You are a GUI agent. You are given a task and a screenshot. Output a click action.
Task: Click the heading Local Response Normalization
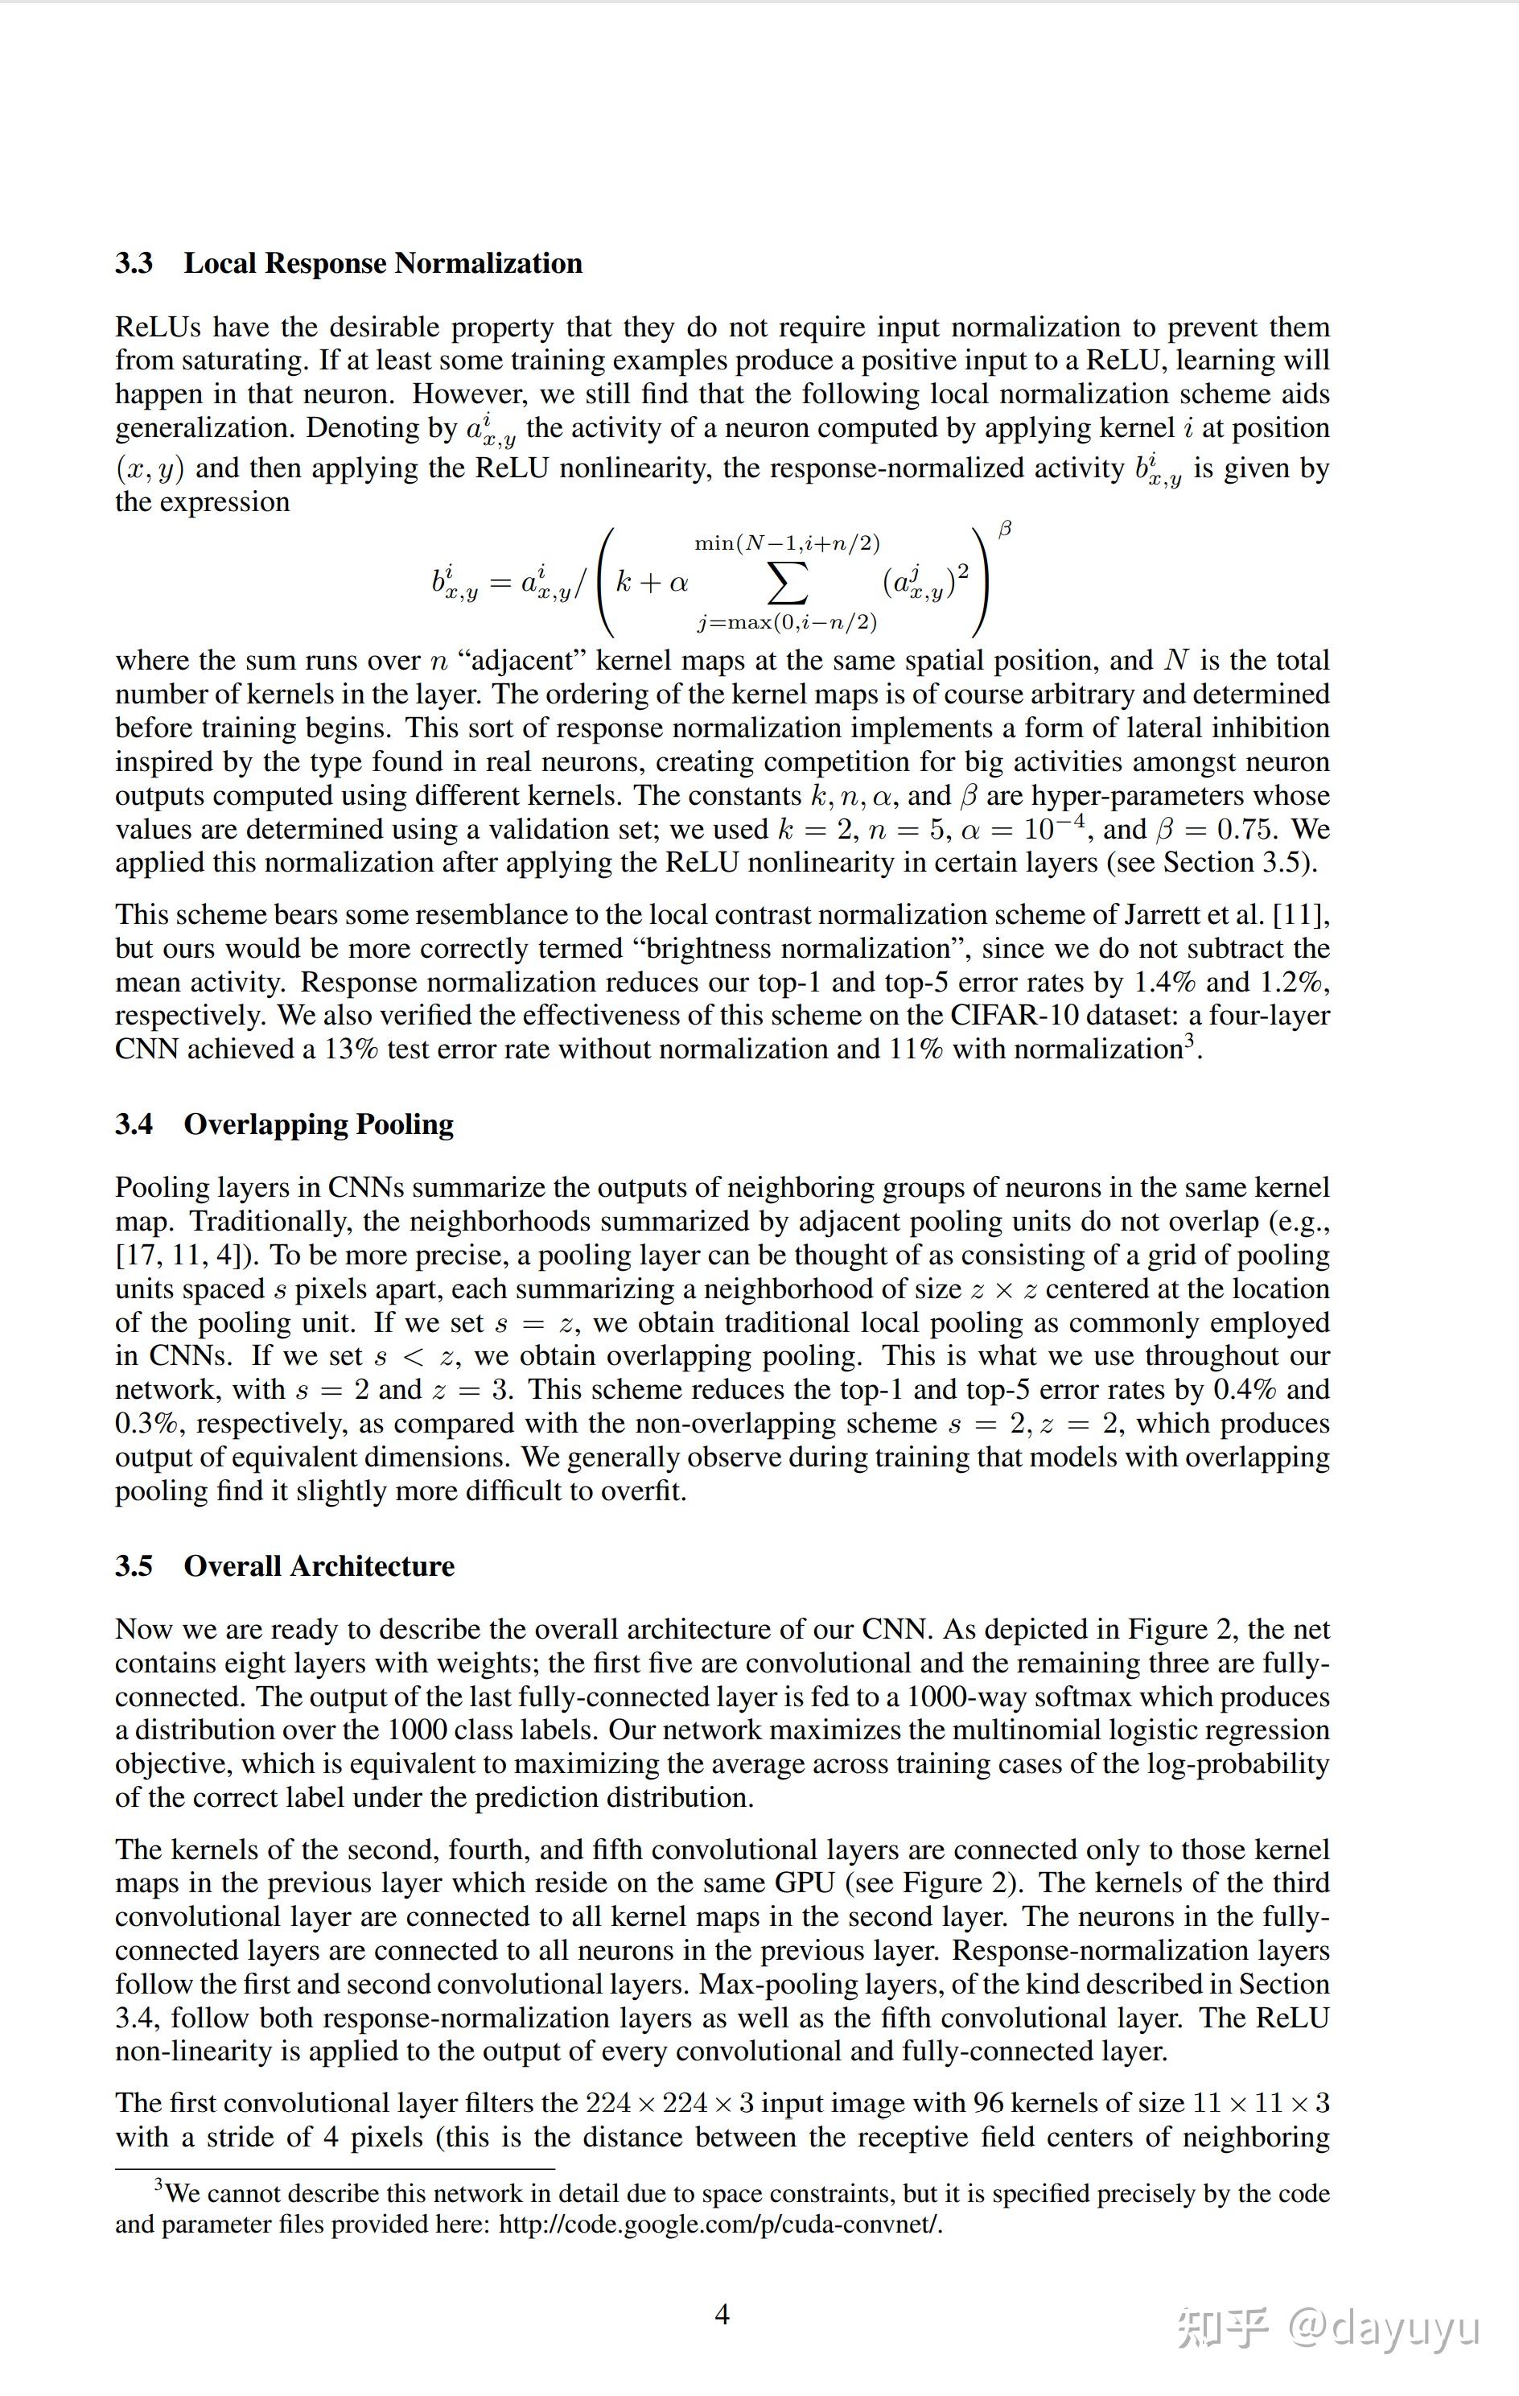[x=383, y=264]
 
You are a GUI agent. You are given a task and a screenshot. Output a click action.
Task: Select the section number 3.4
[x=134, y=1124]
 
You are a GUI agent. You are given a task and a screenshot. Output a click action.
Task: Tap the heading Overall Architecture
[x=319, y=1566]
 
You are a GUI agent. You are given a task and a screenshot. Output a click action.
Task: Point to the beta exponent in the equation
[x=1005, y=530]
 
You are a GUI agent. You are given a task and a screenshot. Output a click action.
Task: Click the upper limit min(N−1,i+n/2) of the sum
[x=787, y=543]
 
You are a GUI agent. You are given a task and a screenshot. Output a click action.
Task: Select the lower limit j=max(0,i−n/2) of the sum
[x=787, y=623]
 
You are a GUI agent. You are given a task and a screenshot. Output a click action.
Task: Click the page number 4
[x=722, y=2315]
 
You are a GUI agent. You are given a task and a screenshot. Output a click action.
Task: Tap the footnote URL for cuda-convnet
[x=719, y=2224]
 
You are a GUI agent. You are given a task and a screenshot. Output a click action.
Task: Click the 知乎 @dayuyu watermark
[x=1329, y=2328]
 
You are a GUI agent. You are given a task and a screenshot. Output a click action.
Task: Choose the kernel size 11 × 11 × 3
[x=1261, y=2104]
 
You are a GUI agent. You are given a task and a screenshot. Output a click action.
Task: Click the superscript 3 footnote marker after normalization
[x=1188, y=1041]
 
